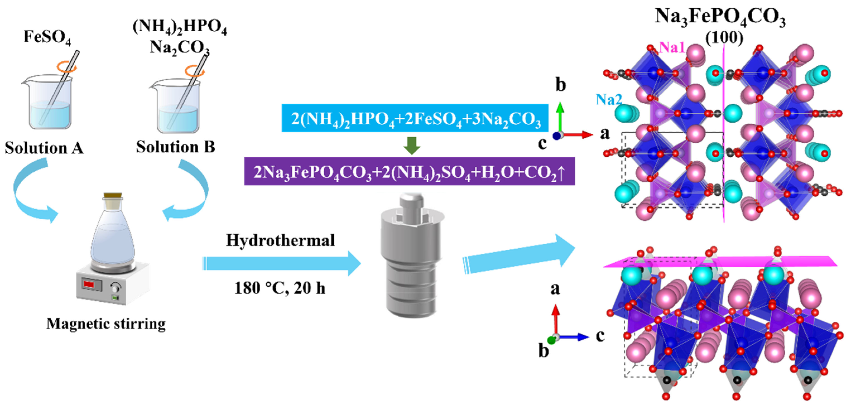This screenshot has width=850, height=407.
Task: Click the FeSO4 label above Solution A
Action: (47, 37)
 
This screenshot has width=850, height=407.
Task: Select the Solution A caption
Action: (44, 148)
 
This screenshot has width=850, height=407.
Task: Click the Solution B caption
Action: (175, 147)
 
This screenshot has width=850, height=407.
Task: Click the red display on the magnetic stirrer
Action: (89, 284)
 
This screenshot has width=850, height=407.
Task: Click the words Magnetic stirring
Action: (106, 324)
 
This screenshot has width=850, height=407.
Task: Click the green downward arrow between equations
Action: (411, 145)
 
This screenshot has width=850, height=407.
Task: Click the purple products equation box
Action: (409, 171)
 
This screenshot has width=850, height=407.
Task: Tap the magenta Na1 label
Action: (671, 48)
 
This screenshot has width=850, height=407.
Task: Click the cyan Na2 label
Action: (608, 99)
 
